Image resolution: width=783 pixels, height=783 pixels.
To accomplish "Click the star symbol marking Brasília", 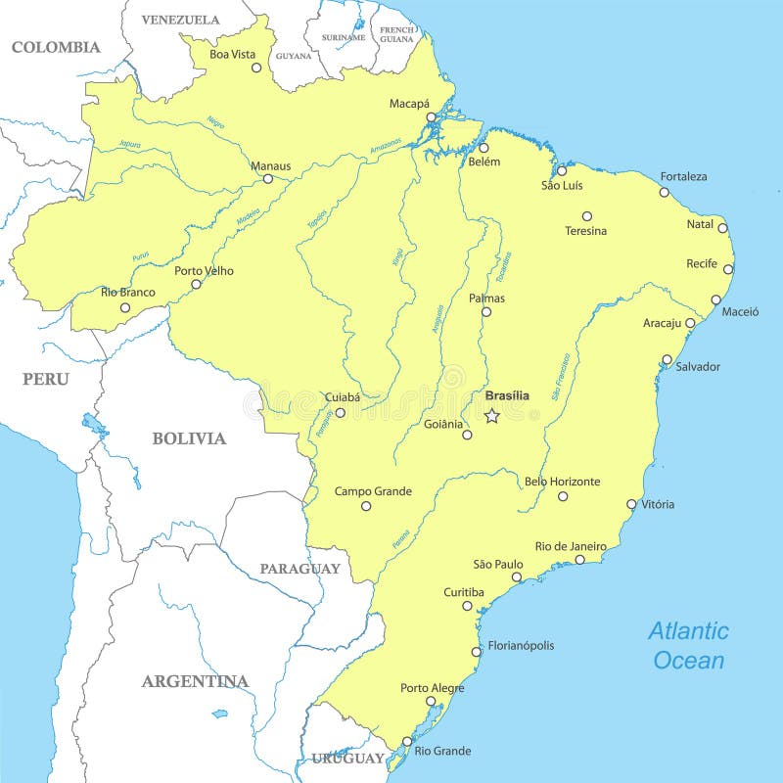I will pyautogui.click(x=492, y=416).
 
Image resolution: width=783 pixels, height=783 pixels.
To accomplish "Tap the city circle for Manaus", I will pyautogui.click(x=268, y=178).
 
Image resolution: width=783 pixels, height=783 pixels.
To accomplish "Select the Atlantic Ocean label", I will pyautogui.click(x=689, y=645).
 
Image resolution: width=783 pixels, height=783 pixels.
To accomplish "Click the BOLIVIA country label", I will pyautogui.click(x=189, y=438).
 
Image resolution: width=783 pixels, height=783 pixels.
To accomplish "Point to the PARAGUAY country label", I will pyautogui.click(x=299, y=569).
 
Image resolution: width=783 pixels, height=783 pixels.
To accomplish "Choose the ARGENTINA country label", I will pyautogui.click(x=195, y=681).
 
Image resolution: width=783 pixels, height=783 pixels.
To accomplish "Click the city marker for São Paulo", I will pyautogui.click(x=517, y=577).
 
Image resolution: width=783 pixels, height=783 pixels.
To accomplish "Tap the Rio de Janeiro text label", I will pyautogui.click(x=571, y=546).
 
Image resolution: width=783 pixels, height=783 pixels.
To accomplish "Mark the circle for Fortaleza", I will pyautogui.click(x=665, y=192).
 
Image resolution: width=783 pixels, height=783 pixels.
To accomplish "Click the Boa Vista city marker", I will pyautogui.click(x=256, y=68).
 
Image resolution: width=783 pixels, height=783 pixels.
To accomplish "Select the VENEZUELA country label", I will pyautogui.click(x=180, y=20).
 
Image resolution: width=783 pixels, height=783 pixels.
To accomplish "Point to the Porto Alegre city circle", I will pyautogui.click(x=431, y=702).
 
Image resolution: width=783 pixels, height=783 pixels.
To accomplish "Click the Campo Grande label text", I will pyautogui.click(x=373, y=491).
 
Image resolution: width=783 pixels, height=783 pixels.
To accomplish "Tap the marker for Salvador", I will pyautogui.click(x=668, y=359).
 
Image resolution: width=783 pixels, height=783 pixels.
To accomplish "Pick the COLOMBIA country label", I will pyautogui.click(x=56, y=47).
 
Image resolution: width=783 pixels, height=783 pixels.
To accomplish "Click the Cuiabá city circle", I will pyautogui.click(x=340, y=413).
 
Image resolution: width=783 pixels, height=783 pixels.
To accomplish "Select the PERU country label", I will pyautogui.click(x=46, y=379).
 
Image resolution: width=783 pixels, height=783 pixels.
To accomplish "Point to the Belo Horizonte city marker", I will pyautogui.click(x=563, y=496).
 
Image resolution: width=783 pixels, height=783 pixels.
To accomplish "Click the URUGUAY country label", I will pyautogui.click(x=348, y=759).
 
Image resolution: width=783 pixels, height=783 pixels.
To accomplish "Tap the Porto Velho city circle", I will pyautogui.click(x=196, y=285).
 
